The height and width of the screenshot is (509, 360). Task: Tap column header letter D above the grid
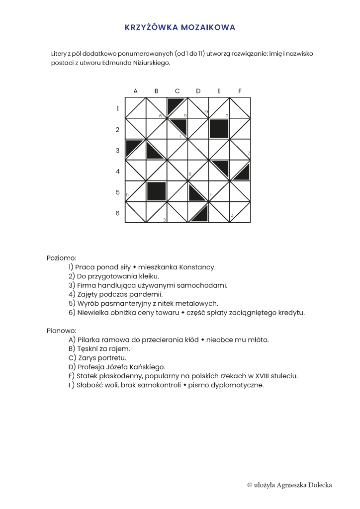click(198, 91)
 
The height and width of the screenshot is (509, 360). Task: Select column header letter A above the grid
click(135, 91)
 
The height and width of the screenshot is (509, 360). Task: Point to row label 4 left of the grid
click(118, 171)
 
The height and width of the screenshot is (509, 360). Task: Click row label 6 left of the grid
click(118, 213)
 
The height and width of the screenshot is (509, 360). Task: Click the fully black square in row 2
click(219, 129)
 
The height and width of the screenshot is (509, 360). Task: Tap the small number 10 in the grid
click(205, 112)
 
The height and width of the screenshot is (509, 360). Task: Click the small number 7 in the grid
click(248, 153)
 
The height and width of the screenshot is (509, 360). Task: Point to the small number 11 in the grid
click(211, 194)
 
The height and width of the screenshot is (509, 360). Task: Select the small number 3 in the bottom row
click(164, 219)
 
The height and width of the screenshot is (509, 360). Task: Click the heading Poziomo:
click(62, 258)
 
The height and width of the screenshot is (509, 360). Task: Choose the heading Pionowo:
click(62, 330)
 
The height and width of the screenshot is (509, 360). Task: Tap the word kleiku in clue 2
click(148, 276)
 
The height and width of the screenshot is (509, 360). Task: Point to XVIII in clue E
click(259, 376)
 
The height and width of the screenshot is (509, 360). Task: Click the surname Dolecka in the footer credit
click(319, 485)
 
